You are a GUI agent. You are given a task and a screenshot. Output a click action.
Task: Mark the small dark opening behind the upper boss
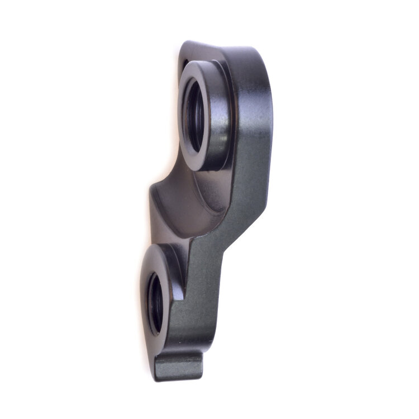tap(184, 63)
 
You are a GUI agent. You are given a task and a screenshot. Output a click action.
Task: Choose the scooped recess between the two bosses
tap(179, 201)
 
